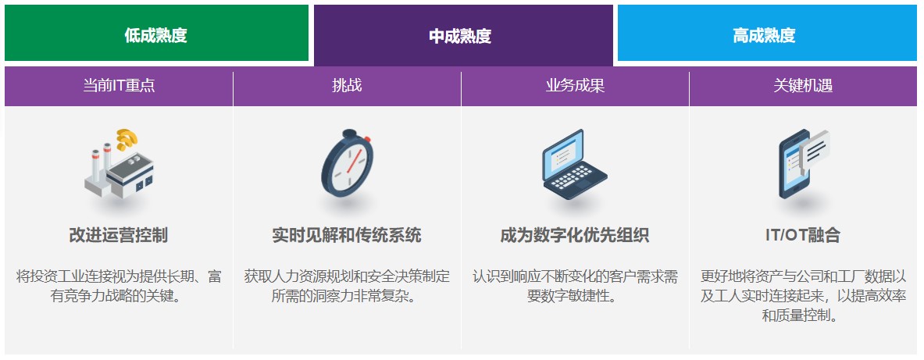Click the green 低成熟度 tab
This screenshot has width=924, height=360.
pos(156,34)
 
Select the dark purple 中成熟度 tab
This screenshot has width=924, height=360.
pos(462,36)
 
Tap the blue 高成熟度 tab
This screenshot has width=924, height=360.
pos(766,34)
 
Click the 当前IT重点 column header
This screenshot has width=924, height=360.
pos(119,86)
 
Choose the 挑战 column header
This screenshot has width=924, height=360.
pos(347,86)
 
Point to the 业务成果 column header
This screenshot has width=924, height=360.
pos(575,86)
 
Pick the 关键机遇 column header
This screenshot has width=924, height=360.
pos(803,86)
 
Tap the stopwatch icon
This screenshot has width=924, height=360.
pos(347,166)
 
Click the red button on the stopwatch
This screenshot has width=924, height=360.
pos(367,139)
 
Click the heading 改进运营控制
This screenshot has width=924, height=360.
pos(119,235)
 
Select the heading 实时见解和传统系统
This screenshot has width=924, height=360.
pos(347,235)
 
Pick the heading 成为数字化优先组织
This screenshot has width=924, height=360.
pos(575,235)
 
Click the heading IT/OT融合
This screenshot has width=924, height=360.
pos(803,235)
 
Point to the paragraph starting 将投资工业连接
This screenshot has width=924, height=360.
pos(119,286)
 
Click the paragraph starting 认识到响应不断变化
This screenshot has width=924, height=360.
pos(575,286)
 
